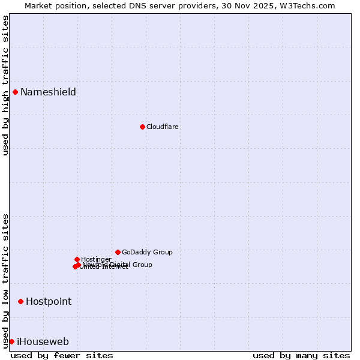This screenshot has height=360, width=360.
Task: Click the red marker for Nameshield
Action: click(15, 92)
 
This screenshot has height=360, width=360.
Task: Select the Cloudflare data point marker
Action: click(142, 127)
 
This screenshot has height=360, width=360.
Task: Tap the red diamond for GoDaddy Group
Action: click(118, 252)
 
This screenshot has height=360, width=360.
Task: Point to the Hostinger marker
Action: click(77, 259)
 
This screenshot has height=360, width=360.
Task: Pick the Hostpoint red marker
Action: click(20, 301)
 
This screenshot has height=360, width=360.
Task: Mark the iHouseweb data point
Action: click(11, 341)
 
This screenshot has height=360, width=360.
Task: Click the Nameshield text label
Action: click(48, 92)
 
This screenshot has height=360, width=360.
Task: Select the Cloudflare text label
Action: click(163, 127)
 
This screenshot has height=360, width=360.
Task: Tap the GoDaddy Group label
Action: click(147, 252)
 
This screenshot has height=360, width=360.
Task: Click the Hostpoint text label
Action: click(49, 301)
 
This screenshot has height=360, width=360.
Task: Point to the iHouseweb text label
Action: click(43, 341)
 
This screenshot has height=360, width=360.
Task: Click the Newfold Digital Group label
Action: click(129, 264)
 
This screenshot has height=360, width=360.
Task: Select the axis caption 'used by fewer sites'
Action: click(62, 355)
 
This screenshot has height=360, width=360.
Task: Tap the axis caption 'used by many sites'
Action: click(301, 355)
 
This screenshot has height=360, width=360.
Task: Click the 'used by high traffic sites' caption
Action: click(5, 85)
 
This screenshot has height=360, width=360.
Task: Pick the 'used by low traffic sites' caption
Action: click(5, 280)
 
